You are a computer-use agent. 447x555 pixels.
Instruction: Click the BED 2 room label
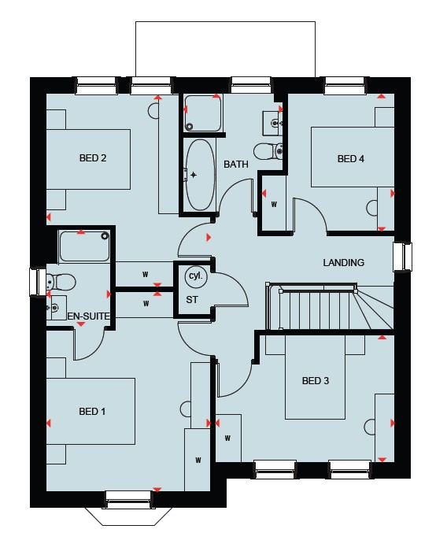click(x=93, y=158)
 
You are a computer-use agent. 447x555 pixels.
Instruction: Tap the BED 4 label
click(x=351, y=159)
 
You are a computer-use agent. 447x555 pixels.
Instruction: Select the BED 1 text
click(x=92, y=411)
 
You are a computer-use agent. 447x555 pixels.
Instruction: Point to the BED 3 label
click(x=316, y=380)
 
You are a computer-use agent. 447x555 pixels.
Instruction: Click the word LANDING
click(x=343, y=263)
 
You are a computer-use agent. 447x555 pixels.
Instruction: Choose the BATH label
click(x=236, y=165)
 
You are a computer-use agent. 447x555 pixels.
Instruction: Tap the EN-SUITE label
click(x=88, y=316)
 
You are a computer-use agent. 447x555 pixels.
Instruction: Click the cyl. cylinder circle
click(x=196, y=276)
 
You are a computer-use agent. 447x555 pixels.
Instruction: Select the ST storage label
click(x=192, y=300)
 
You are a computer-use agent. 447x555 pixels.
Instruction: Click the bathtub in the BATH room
click(x=200, y=175)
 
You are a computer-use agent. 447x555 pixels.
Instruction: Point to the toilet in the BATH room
click(x=268, y=151)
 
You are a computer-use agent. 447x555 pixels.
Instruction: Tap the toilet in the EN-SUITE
click(x=61, y=282)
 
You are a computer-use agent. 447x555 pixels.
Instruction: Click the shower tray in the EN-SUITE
click(x=84, y=246)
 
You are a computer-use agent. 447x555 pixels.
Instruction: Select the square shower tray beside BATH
click(x=203, y=113)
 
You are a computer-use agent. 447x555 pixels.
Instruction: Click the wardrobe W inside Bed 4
click(x=274, y=204)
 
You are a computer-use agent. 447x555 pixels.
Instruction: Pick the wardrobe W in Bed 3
click(x=228, y=438)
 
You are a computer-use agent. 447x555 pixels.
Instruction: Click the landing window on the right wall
click(x=403, y=257)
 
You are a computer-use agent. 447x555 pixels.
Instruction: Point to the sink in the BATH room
click(x=273, y=123)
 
